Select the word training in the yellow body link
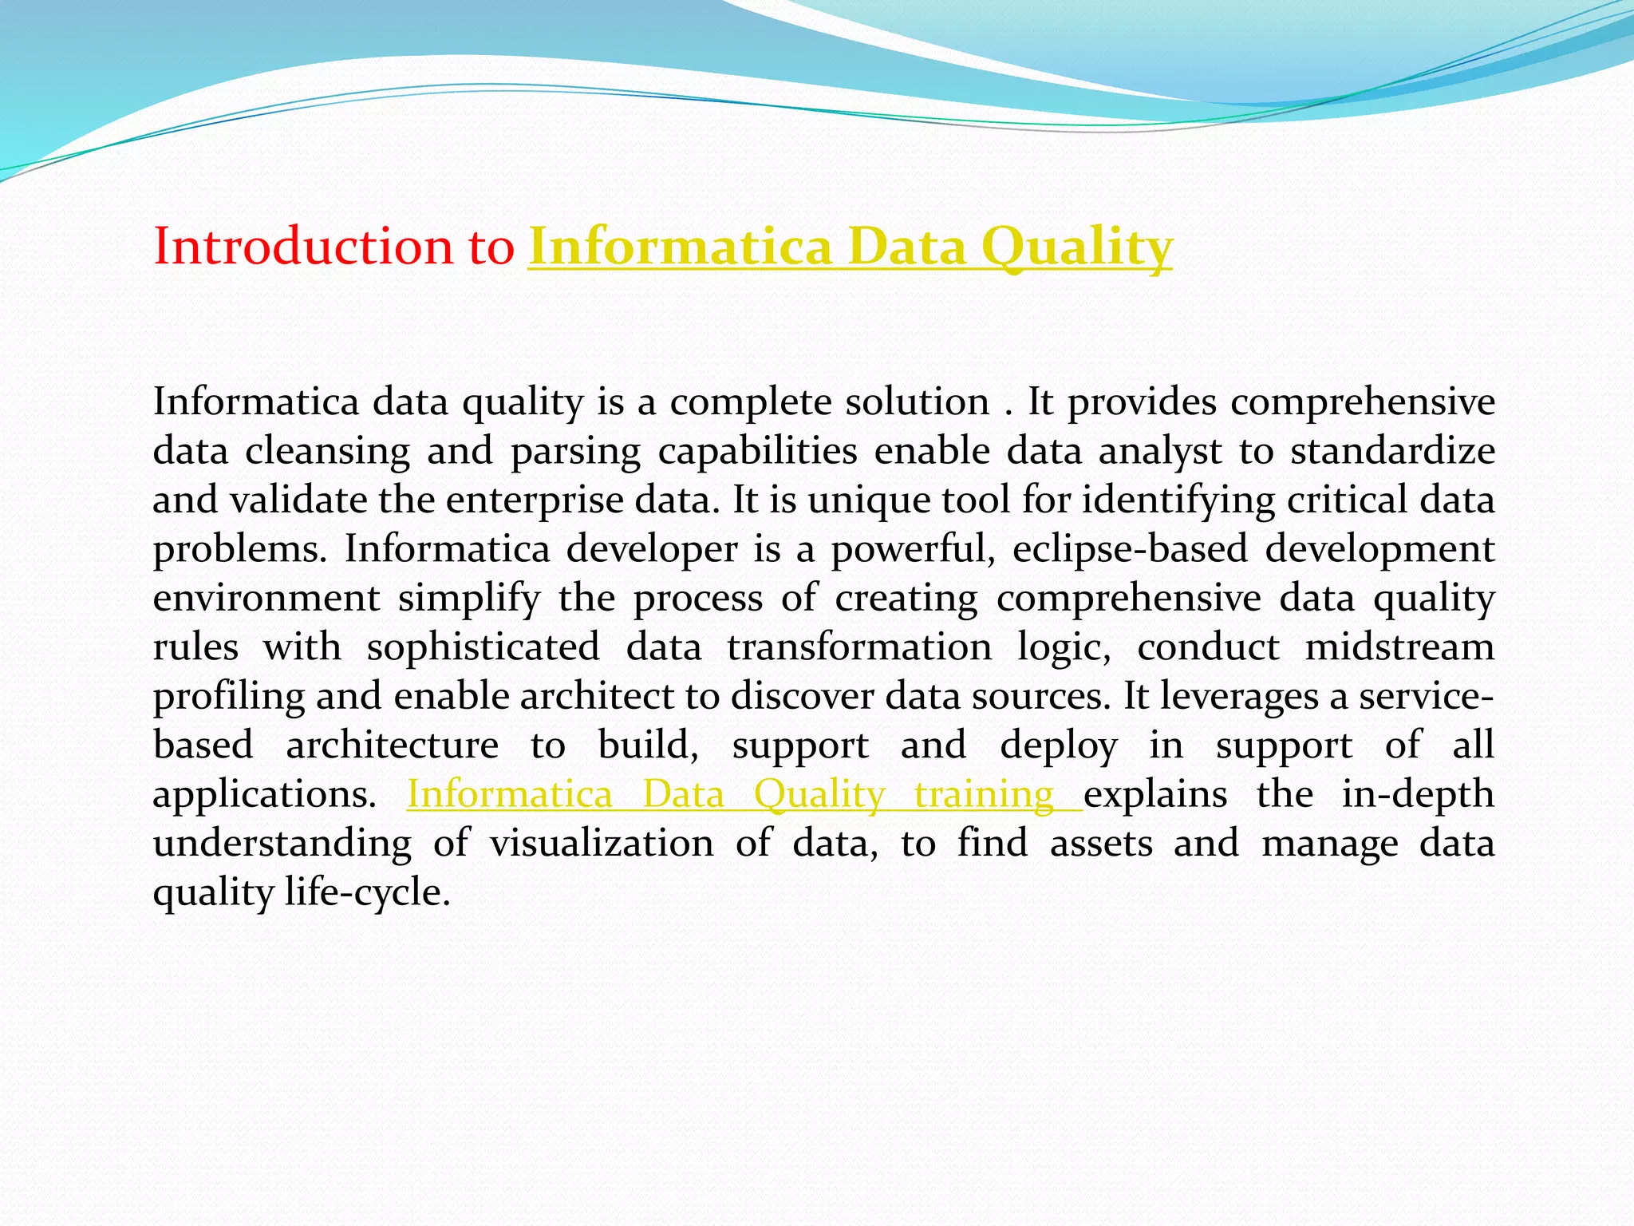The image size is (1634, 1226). pos(985,794)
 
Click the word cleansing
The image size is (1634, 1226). pos(327,451)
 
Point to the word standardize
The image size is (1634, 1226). pos(1392,451)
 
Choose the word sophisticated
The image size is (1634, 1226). pos(483,647)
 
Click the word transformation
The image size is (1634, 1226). pos(859,647)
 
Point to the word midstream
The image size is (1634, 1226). pos(1399,647)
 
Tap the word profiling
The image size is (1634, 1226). pos(229,697)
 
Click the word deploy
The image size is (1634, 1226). pos(1059,745)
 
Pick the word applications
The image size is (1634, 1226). pos(264,795)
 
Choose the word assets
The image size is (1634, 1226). pos(1101,844)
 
